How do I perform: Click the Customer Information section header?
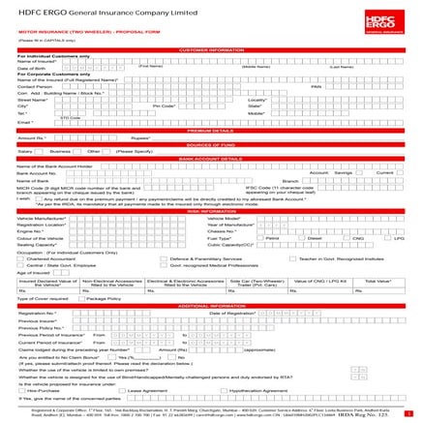[x=211, y=48]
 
